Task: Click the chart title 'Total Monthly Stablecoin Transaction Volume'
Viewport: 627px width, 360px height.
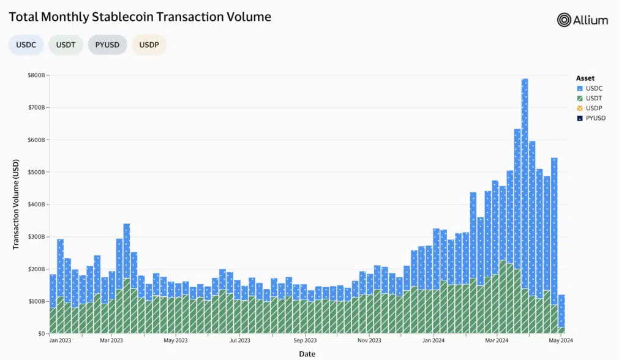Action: point(140,17)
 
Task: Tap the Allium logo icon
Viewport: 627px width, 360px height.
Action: point(564,20)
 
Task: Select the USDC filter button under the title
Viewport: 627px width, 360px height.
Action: point(26,45)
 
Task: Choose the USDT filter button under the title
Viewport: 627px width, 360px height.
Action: point(66,45)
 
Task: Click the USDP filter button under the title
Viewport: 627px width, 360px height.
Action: point(149,45)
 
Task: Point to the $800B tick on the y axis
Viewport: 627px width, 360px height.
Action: point(36,75)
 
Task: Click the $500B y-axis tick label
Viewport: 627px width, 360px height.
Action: point(36,172)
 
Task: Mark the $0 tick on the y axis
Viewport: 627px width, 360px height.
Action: point(40,334)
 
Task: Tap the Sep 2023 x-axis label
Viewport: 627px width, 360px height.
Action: point(304,340)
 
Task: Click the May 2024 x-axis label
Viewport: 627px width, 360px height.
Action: point(561,340)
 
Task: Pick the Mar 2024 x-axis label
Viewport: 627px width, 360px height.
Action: point(496,340)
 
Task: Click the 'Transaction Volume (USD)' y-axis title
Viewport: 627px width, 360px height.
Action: point(17,204)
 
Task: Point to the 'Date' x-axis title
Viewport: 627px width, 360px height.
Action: point(307,354)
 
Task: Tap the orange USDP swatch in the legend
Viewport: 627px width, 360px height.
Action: point(579,108)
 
